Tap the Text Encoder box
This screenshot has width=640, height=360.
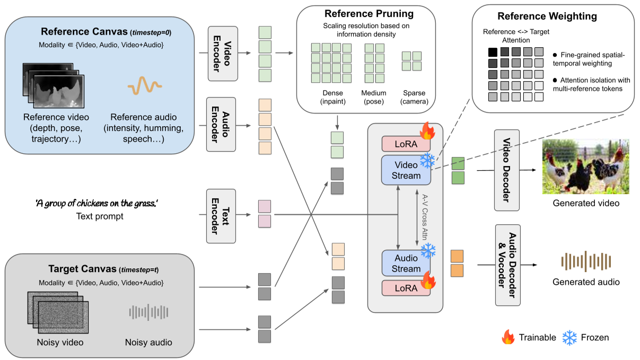click(x=221, y=215)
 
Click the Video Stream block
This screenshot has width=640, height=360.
click(x=406, y=170)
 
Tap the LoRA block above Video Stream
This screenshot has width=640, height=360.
click(x=406, y=144)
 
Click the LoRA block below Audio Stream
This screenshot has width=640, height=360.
click(x=406, y=288)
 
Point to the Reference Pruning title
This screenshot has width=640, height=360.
click(x=366, y=13)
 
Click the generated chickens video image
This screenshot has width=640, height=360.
click(x=585, y=167)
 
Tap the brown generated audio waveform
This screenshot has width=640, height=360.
click(x=586, y=261)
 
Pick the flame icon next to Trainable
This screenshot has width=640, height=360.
click(x=509, y=337)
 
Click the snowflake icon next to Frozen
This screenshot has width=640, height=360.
click(x=570, y=337)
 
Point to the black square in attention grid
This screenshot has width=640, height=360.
click(x=493, y=52)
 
